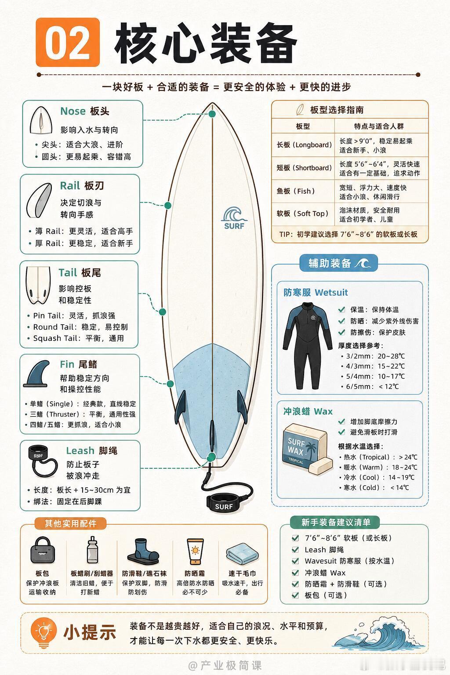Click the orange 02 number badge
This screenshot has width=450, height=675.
pyautogui.click(x=68, y=42)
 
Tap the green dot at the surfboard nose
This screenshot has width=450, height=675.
pyautogui.click(x=212, y=114)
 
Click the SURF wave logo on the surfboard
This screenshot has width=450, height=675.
pyautogui.click(x=234, y=218)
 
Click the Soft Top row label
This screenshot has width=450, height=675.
pyautogui.click(x=302, y=214)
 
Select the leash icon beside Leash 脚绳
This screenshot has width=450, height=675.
pyautogui.click(x=43, y=461)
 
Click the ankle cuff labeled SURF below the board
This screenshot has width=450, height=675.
pyautogui.click(x=224, y=502)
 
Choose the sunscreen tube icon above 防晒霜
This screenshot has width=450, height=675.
pyautogui.click(x=195, y=552)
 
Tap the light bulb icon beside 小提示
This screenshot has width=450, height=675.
pyautogui.click(x=44, y=632)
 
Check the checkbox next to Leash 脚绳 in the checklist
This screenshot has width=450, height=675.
pyautogui.click(x=295, y=550)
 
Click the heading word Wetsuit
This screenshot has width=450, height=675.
pyautogui.click(x=331, y=292)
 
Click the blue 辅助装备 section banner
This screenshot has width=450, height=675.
pyautogui.click(x=338, y=263)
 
